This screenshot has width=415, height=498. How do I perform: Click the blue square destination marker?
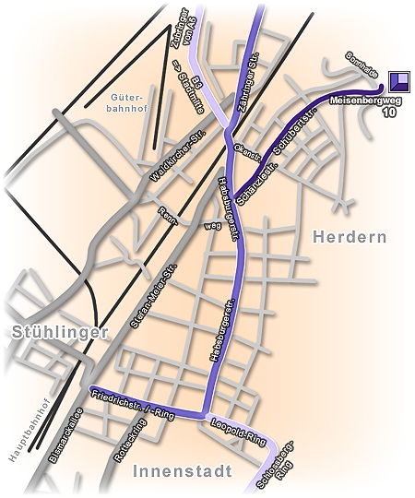(399, 81)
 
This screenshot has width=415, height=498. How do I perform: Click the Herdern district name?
(350, 237)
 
